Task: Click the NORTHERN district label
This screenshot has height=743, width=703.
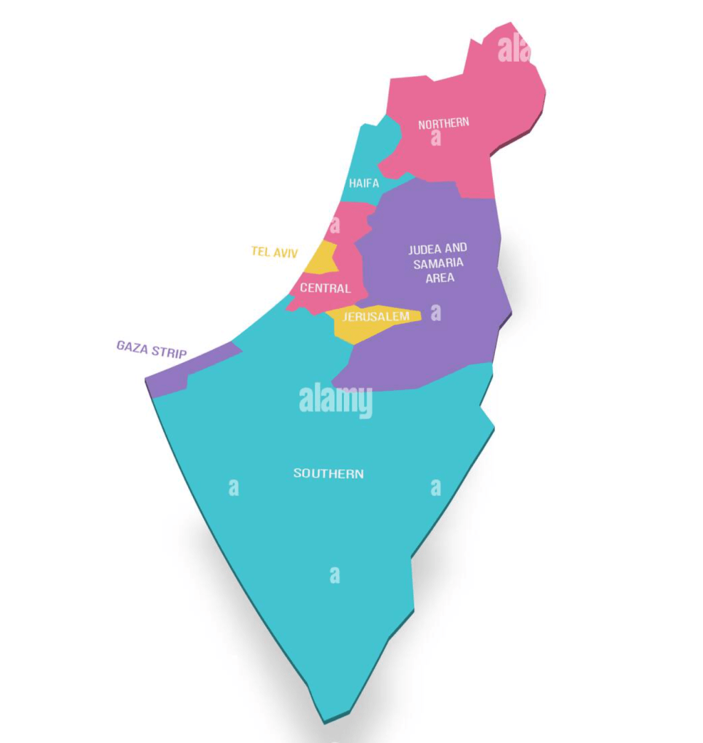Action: (443, 123)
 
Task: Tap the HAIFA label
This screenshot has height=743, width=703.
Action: (363, 183)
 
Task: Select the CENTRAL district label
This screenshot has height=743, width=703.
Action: (325, 288)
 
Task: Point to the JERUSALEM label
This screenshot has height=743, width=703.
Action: (376, 316)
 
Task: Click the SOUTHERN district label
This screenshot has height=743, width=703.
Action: (328, 473)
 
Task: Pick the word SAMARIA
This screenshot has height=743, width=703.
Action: (438, 263)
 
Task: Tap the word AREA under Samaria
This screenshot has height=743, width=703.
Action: (439, 278)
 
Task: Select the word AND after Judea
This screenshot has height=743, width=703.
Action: (457, 248)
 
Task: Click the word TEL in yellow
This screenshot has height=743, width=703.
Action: (261, 252)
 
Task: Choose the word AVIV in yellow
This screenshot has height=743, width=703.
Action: (286, 252)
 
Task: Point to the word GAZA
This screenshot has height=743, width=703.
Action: (132, 346)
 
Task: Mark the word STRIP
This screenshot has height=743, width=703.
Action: (170, 353)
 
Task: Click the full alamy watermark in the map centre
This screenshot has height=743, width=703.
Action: (335, 401)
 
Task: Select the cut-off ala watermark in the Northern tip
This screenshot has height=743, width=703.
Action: (514, 49)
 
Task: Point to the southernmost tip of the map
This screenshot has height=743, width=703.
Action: (325, 720)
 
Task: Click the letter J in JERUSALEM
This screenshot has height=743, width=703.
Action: (345, 317)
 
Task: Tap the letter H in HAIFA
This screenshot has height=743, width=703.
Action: (352, 183)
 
